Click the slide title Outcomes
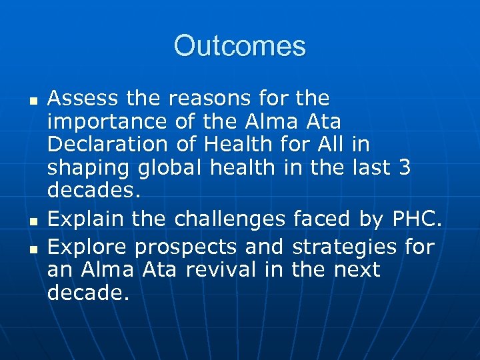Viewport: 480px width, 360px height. click(240, 47)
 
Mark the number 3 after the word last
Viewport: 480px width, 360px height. click(404, 168)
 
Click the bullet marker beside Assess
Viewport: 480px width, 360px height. click(31, 101)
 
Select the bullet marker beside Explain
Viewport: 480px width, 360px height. click(31, 220)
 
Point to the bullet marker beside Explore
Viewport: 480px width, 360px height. click(31, 249)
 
